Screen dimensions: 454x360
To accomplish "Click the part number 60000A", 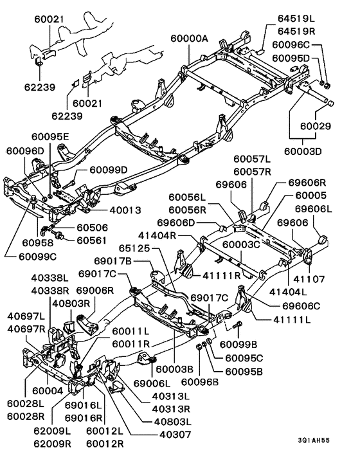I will tap(190, 39).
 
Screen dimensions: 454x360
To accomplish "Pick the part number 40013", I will tap(125, 210).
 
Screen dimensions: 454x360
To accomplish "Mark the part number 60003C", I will tap(240, 244).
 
